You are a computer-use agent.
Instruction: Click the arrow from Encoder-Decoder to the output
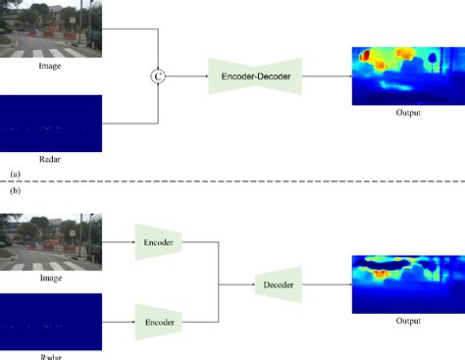coord(327,76)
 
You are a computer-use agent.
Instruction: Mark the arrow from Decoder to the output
coord(325,284)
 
